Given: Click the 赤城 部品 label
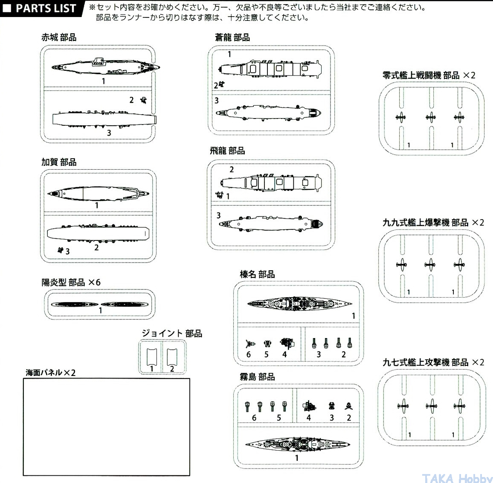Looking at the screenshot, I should (59, 38).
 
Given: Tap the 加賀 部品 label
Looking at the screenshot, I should (59, 162).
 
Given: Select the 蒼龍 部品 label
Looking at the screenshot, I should (232, 38).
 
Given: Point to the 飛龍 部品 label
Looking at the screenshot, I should (227, 150).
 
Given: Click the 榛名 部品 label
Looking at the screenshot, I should (257, 274).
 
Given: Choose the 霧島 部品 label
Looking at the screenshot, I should (257, 377).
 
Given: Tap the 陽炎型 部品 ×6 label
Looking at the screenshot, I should (71, 282).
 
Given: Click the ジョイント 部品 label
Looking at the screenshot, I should (172, 333).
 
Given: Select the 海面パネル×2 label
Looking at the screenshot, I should (51, 373).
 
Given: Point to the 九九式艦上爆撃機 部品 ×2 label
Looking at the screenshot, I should (433, 223).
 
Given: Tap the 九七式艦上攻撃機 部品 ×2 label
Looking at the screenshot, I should (433, 362).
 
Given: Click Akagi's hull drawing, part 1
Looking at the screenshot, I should (106, 66).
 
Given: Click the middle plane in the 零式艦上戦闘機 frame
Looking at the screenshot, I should (431, 116).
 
